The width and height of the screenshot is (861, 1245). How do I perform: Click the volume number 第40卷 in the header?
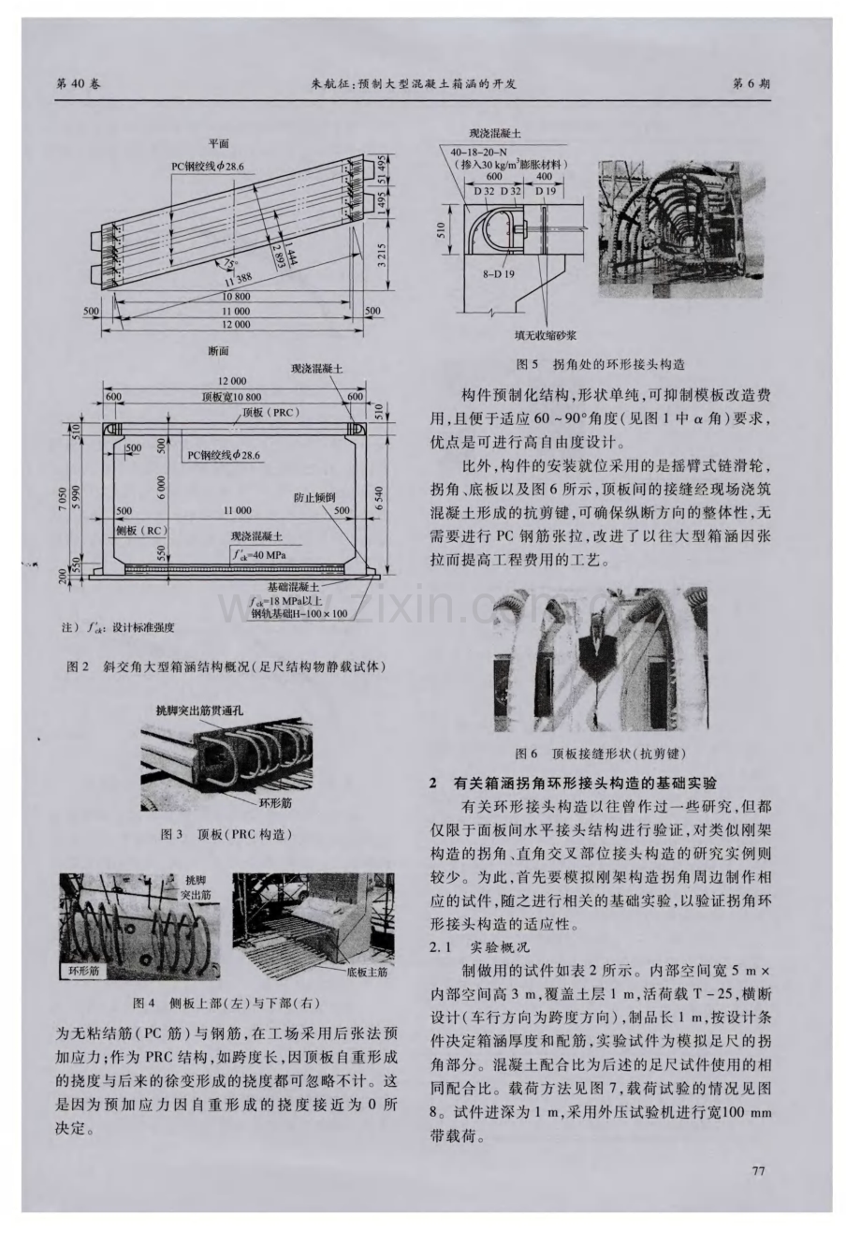(80, 83)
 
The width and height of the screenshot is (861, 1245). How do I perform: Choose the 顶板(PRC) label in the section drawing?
(266, 412)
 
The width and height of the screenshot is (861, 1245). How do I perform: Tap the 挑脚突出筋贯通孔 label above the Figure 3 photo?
(200, 711)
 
